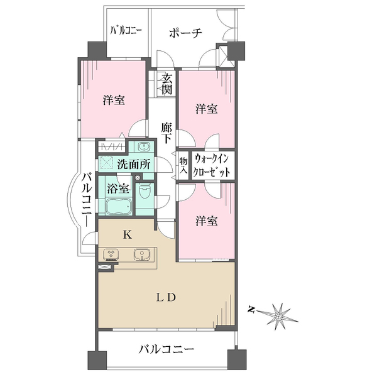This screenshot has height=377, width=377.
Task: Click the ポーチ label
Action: coord(185,34)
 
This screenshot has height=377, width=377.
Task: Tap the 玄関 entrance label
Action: coord(167,84)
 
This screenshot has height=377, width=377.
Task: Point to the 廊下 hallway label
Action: coord(167,133)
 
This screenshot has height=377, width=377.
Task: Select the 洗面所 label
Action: coord(134,165)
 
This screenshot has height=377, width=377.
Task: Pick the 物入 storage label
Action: coord(183,166)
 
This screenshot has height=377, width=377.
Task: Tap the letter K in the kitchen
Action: coord(127,236)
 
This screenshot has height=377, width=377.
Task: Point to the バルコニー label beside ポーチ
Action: coord(126,30)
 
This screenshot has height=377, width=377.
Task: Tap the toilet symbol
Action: coord(145,192)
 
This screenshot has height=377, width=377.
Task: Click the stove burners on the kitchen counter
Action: coord(111,255)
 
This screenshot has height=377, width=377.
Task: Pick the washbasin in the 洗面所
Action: coord(143,147)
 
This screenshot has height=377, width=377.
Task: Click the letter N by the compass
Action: coord(251,309)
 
